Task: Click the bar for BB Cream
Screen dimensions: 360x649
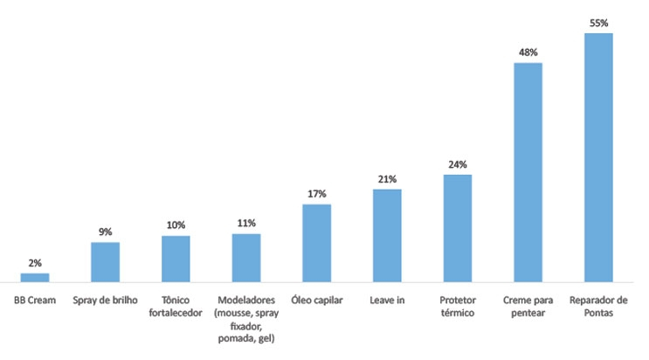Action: (x=35, y=277)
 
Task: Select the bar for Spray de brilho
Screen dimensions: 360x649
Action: (x=106, y=261)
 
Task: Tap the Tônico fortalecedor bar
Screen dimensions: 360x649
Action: (x=176, y=259)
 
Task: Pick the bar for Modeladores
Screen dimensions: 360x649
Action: (x=246, y=258)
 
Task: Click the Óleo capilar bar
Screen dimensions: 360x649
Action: (x=316, y=243)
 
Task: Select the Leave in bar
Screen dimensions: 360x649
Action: (x=387, y=235)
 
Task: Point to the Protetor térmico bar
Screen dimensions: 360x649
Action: (x=458, y=228)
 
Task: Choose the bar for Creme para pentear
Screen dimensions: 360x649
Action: (x=528, y=172)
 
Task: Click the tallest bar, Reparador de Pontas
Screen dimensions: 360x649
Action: (x=598, y=157)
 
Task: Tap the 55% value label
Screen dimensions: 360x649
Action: (x=598, y=24)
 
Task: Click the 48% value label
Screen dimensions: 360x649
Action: (x=528, y=52)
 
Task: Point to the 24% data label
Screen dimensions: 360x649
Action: (x=458, y=164)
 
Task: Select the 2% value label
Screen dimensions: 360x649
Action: (x=35, y=263)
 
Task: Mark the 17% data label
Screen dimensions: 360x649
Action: (x=316, y=194)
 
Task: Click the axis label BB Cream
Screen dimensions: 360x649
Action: (x=35, y=300)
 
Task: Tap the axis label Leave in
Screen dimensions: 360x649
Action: (x=387, y=300)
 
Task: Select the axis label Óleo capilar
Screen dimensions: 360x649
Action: (x=316, y=300)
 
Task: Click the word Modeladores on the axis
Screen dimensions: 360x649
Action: (x=246, y=300)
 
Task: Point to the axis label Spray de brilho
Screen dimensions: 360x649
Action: (x=106, y=300)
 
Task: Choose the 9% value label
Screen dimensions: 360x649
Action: (x=106, y=232)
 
